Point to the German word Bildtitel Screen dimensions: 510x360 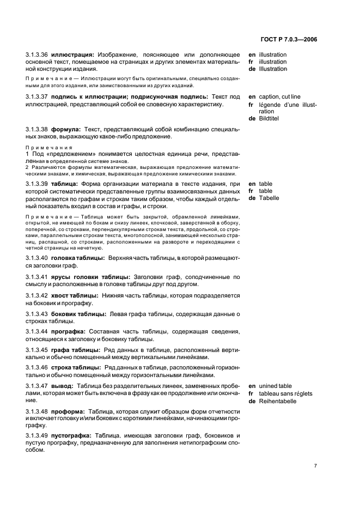click(x=269, y=118)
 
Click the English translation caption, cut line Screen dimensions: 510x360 click(x=279, y=97)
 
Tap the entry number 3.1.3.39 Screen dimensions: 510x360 click(x=37, y=184)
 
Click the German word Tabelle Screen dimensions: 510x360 click(x=269, y=198)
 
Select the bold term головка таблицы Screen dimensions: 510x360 click(x=75, y=257)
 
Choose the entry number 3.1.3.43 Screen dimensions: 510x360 click(x=37, y=314)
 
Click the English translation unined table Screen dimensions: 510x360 click(x=276, y=386)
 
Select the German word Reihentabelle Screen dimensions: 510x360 click(x=277, y=401)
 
